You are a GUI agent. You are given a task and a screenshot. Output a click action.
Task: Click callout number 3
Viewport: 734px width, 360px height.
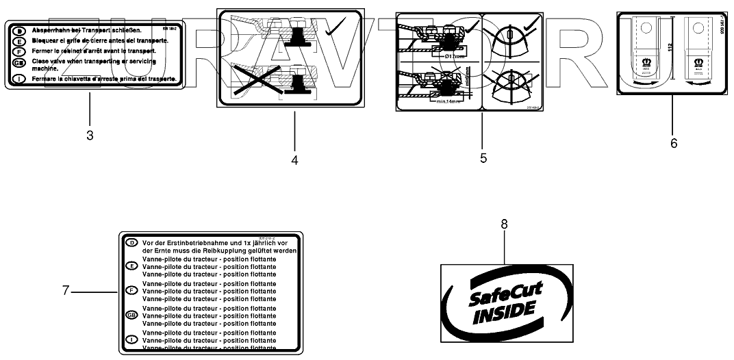(x=90, y=136)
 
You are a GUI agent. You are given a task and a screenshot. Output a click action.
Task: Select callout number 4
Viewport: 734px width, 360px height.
(x=294, y=161)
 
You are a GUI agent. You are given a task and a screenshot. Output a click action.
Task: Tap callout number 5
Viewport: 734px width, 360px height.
(x=483, y=158)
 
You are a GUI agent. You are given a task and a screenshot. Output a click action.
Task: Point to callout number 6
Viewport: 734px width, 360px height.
(x=673, y=143)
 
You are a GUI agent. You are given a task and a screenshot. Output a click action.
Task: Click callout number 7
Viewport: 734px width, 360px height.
(x=66, y=290)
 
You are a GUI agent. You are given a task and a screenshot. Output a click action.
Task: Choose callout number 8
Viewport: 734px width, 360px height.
(x=505, y=224)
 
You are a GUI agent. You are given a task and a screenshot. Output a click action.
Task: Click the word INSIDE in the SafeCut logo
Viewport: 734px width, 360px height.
(x=503, y=309)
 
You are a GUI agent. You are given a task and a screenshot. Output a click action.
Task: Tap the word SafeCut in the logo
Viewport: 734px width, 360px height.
(x=505, y=293)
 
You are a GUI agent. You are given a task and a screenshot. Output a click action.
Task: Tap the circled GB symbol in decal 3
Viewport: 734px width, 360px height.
(x=20, y=62)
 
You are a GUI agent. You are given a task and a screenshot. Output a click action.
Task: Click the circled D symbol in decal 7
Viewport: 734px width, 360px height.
(x=131, y=242)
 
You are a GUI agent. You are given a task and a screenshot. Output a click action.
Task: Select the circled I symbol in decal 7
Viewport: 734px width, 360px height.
(x=131, y=338)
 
